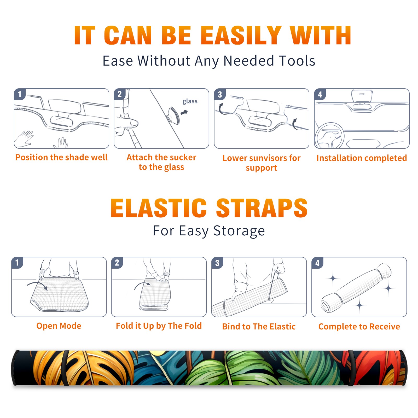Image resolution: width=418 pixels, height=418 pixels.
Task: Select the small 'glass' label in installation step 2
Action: pos(190,101)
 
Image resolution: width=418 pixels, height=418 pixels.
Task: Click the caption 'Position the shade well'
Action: pos(61,157)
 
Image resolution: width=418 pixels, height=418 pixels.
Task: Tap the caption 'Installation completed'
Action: pos(362,158)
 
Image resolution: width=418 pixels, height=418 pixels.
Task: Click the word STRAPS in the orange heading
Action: pos(262,208)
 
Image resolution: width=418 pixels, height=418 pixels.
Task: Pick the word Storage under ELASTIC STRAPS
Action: pos(239,231)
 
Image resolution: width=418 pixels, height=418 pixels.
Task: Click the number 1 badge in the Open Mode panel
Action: pos(17,263)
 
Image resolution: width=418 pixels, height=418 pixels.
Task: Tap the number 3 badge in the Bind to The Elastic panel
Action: pos(217,263)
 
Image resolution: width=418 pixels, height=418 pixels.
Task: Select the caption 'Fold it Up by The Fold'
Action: pos(159,326)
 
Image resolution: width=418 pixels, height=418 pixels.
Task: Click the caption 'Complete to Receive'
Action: pos(359,327)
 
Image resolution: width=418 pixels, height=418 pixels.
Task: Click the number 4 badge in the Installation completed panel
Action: pos(320,94)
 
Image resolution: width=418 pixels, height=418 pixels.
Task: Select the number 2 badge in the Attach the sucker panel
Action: pos(120,94)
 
